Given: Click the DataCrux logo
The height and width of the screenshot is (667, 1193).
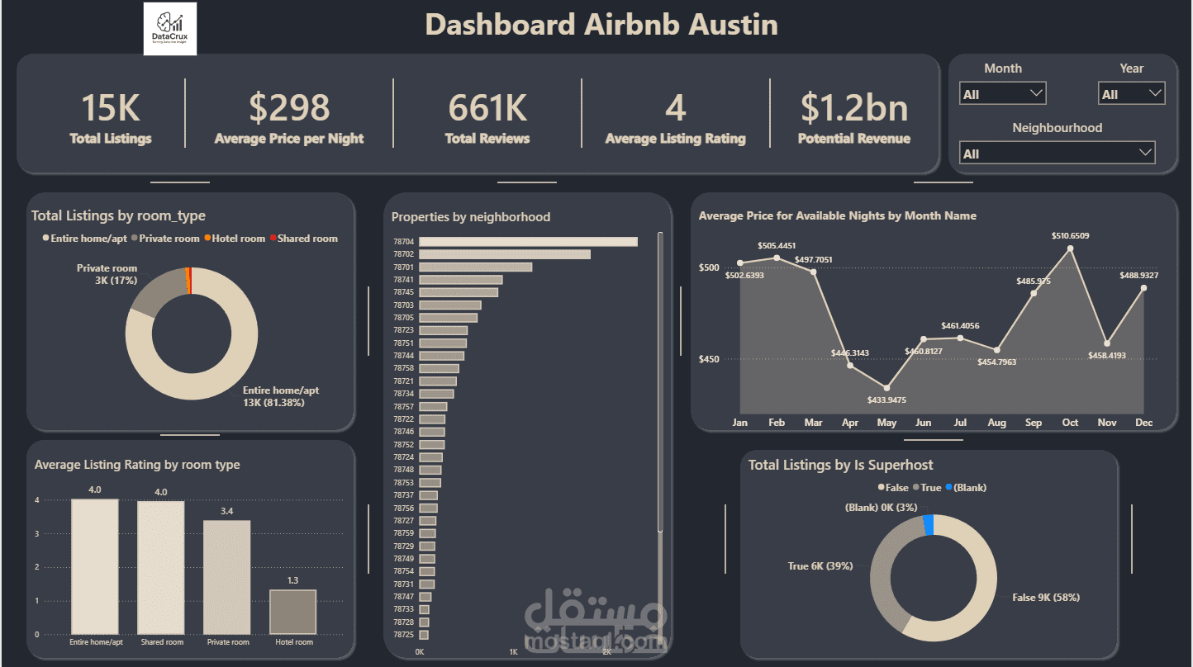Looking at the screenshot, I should point(170,29).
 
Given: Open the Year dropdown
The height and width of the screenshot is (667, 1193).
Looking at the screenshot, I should point(1131,94).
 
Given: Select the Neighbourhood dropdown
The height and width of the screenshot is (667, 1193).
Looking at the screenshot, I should point(1057,154).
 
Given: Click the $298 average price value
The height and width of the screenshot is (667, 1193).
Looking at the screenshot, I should point(289,108).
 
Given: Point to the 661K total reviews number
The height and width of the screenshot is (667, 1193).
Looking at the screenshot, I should point(487,108).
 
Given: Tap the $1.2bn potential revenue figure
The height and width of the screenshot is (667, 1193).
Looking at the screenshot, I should point(854,108).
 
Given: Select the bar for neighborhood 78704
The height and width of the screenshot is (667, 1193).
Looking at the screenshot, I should point(528,242).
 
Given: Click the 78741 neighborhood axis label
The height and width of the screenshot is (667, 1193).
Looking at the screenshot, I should point(404,280).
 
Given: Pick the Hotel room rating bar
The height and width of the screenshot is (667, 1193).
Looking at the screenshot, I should point(292,612).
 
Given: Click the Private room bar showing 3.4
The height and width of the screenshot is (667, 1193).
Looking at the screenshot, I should point(226,577).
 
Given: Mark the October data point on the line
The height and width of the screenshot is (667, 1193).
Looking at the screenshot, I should point(1070,248).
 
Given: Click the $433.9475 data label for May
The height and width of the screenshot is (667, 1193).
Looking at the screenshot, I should point(886,400).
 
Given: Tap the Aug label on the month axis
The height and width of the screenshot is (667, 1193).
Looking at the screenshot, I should point(996,423).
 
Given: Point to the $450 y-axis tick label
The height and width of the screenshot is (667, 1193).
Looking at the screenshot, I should point(709,359).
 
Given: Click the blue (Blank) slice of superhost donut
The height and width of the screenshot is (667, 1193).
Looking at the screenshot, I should point(929,525).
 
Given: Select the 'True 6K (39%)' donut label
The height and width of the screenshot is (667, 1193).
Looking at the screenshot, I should point(820,566).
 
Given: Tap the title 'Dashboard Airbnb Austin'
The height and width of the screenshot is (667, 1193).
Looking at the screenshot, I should point(601,25).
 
